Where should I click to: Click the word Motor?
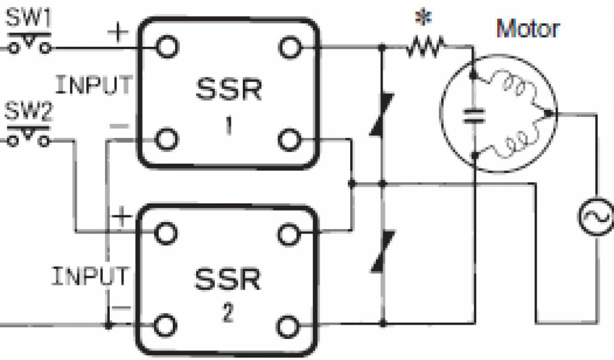click(x=527, y=28)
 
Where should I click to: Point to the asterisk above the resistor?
click(x=426, y=19)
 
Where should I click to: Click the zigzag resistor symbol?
click(x=425, y=46)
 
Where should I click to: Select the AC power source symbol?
click(x=596, y=216)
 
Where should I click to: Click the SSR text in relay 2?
click(x=228, y=279)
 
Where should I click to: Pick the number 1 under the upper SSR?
click(x=228, y=127)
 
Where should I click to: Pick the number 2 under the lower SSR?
click(x=228, y=314)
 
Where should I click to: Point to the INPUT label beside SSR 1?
click(x=93, y=85)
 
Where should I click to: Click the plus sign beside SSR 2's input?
click(x=122, y=217)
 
